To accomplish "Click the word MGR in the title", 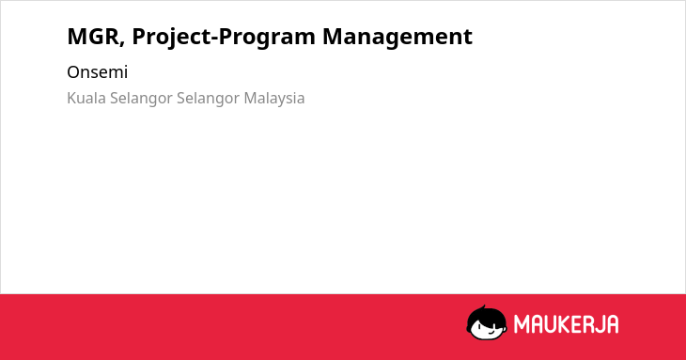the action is tap(93, 37).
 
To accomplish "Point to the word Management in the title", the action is tap(398, 38).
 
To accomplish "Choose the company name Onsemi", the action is tap(97, 72).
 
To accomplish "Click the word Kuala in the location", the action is tap(86, 98).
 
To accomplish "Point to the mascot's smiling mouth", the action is tap(490, 332).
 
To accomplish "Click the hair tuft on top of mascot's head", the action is tap(483, 307).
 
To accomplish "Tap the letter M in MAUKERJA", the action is tap(522, 324).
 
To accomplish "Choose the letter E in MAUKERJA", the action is tap(577, 324).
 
